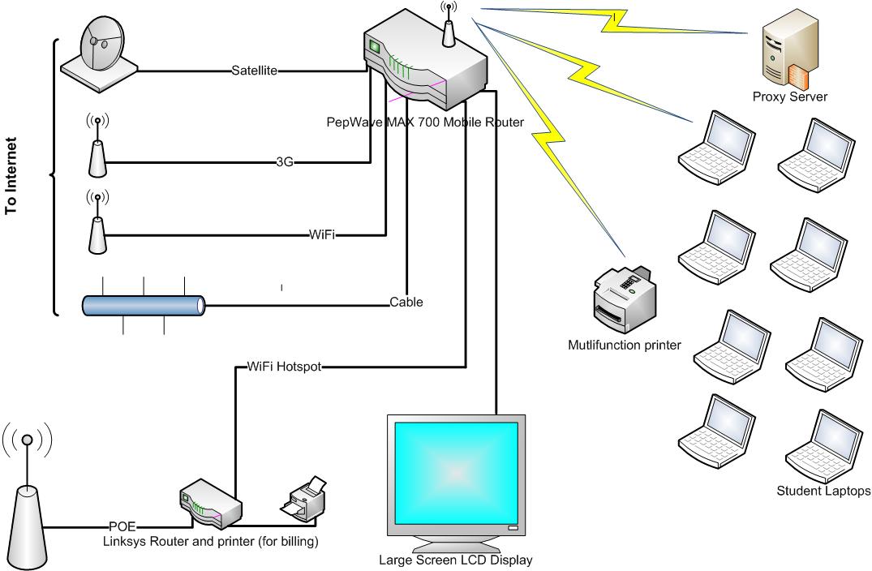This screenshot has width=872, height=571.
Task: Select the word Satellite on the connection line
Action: point(255,71)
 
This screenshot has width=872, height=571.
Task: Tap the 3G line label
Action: point(284,162)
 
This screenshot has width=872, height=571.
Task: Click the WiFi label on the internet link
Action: point(322,235)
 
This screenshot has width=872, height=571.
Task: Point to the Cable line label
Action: point(406,303)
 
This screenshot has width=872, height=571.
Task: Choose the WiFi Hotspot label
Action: point(284,367)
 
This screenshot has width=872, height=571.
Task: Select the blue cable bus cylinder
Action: point(144,305)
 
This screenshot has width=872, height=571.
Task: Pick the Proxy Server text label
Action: point(789,97)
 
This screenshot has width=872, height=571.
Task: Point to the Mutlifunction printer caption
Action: point(625,346)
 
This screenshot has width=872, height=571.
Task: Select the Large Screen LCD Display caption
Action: point(455,559)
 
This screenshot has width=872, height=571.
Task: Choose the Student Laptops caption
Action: point(823,491)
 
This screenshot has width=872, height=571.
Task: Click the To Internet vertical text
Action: point(11,176)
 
